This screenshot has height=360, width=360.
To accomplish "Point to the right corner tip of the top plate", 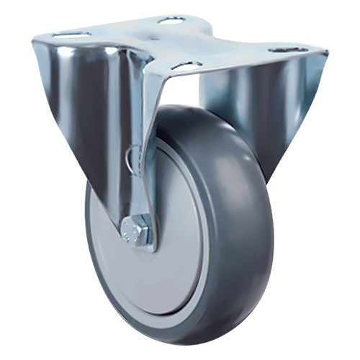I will point(328,53).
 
